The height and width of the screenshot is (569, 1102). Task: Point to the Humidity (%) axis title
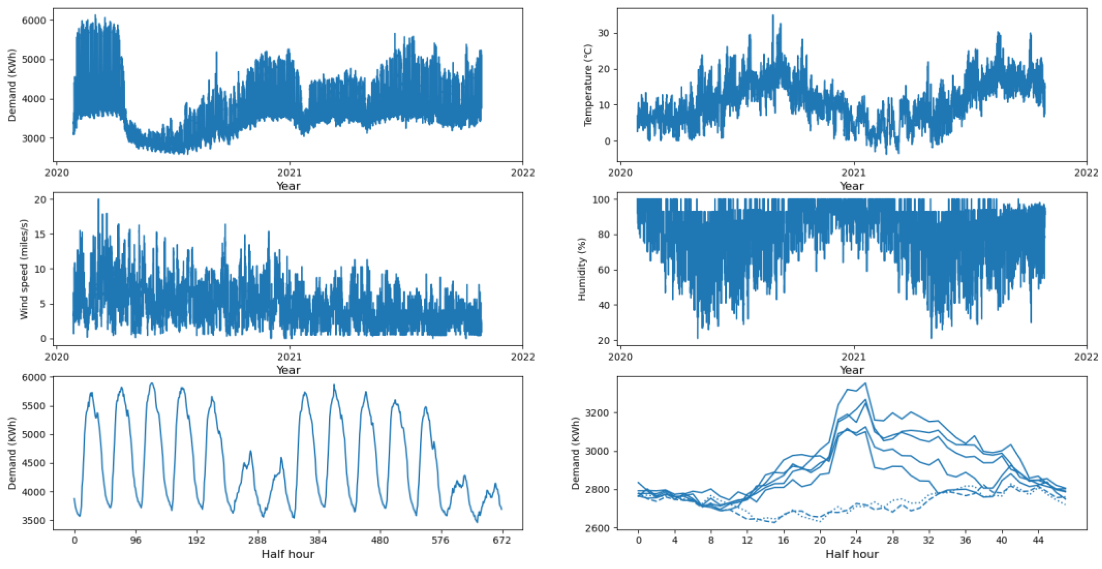pos(582,269)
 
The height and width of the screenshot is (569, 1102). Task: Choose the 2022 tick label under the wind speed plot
pos(522,357)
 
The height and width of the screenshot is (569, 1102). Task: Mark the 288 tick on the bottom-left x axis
pos(258,540)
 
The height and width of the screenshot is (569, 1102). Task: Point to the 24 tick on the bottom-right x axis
pos(856,540)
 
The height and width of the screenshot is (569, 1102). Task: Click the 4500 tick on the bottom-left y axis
pos(34,463)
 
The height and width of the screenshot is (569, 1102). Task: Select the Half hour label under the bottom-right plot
pos(852,555)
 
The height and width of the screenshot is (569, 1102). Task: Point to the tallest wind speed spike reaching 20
pos(98,200)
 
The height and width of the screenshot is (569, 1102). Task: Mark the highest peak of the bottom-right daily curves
pos(865,384)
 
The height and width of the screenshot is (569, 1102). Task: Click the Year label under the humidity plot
pos(852,370)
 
